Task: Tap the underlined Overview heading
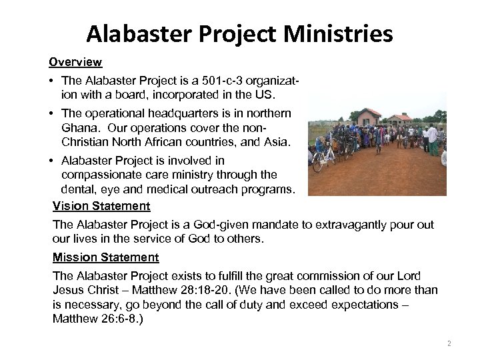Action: click(x=75, y=62)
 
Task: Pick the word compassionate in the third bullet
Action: click(x=100, y=175)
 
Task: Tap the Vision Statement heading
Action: click(x=101, y=206)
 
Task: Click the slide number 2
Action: click(x=449, y=343)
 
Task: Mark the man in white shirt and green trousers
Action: click(x=434, y=139)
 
